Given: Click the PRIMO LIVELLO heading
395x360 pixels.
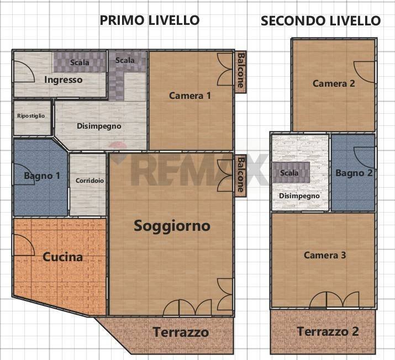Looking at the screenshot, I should pyautogui.click(x=149, y=20).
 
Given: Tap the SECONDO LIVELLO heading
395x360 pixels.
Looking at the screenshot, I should pyautogui.click(x=320, y=21).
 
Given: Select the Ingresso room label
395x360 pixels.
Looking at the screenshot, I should pyautogui.click(x=63, y=80).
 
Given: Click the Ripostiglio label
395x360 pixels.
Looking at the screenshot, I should pyautogui.click(x=32, y=116).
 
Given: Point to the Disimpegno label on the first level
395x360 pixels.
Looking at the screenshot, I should pyautogui.click(x=99, y=126).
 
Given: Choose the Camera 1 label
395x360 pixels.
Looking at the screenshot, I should pyautogui.click(x=189, y=96).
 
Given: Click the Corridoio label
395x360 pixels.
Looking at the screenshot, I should pyautogui.click(x=89, y=180).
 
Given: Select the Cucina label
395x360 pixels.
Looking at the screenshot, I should pyautogui.click(x=62, y=257).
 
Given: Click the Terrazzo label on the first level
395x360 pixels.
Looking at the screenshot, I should pyautogui.click(x=181, y=332).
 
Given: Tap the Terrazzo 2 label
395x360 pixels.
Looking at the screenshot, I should pyautogui.click(x=328, y=331).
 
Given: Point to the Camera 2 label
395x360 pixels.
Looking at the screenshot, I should pyautogui.click(x=333, y=83).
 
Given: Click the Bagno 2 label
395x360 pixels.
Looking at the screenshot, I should pyautogui.click(x=354, y=173).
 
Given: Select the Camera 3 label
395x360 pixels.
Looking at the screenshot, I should pyautogui.click(x=325, y=255).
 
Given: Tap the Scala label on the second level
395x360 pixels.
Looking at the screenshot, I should pyautogui.click(x=289, y=173).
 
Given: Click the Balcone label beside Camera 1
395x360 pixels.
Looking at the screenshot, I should pyautogui.click(x=240, y=71).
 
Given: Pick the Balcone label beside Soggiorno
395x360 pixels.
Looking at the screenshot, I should pyautogui.click(x=240, y=174).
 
